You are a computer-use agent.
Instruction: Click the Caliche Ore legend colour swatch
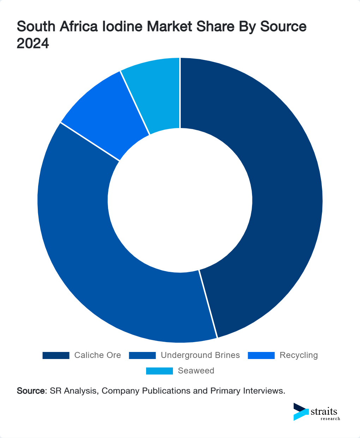56,355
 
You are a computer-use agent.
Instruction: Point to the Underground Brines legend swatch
142,355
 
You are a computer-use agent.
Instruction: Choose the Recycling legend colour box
261,355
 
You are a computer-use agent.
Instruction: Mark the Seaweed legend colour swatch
160,371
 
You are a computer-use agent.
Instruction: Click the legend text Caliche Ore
97,355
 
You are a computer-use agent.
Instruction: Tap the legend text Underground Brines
200,355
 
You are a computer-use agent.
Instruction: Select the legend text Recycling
299,355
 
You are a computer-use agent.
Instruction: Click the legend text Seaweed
196,371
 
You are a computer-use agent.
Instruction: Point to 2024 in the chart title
33,43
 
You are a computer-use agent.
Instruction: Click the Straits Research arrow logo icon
301,412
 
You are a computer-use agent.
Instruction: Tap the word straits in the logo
324,411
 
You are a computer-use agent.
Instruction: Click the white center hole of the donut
180,200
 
